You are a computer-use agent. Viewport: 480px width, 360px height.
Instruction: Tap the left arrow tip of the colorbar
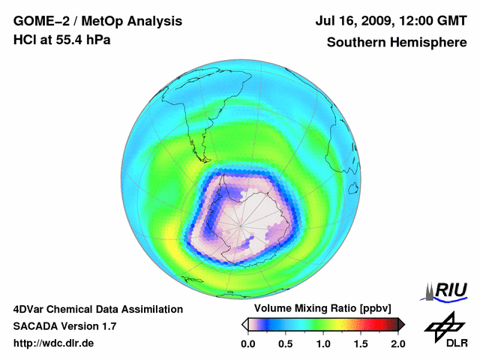coord(243,324)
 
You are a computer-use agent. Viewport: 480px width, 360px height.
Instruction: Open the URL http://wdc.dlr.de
coord(54,343)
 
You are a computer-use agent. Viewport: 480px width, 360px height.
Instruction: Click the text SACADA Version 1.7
coord(64,326)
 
